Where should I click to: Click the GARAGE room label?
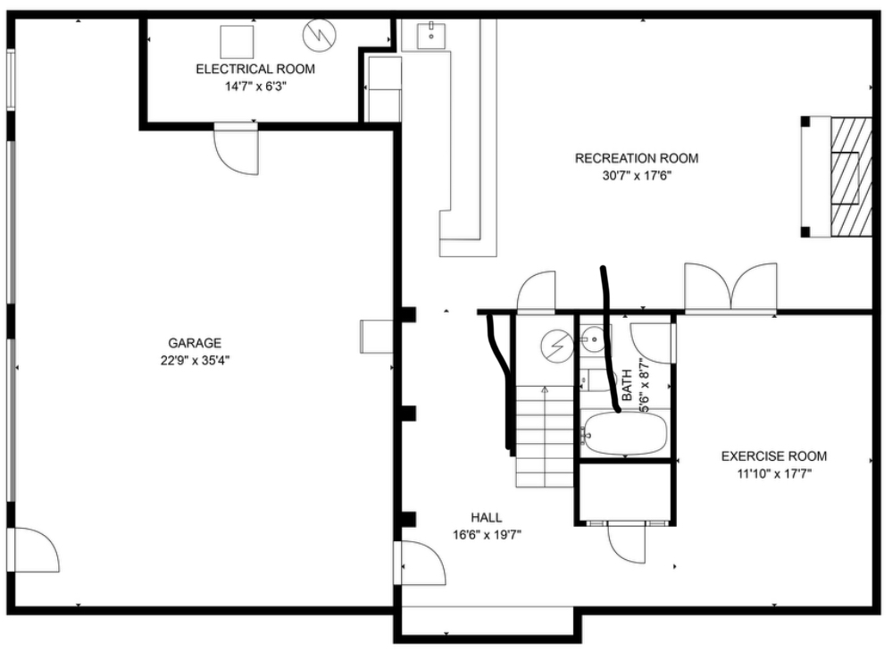click(195, 343)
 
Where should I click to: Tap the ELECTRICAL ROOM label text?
click(255, 70)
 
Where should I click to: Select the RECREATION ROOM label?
click(637, 158)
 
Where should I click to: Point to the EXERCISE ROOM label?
click(774, 455)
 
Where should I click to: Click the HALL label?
click(487, 517)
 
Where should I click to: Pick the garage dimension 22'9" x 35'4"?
click(195, 361)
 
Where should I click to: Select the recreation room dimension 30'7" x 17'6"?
click(638, 176)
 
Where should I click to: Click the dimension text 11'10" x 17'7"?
click(774, 473)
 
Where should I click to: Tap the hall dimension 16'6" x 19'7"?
click(487, 535)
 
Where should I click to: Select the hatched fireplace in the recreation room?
click(850, 177)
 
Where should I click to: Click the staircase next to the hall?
click(545, 436)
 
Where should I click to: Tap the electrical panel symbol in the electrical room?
click(319, 35)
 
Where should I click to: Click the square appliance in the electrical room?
click(237, 42)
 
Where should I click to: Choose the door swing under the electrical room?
click(236, 149)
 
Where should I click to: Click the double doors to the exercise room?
click(730, 288)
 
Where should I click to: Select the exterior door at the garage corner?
click(37, 549)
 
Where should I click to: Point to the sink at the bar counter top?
click(431, 36)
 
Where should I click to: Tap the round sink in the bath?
click(594, 339)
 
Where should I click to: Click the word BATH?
click(626, 385)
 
